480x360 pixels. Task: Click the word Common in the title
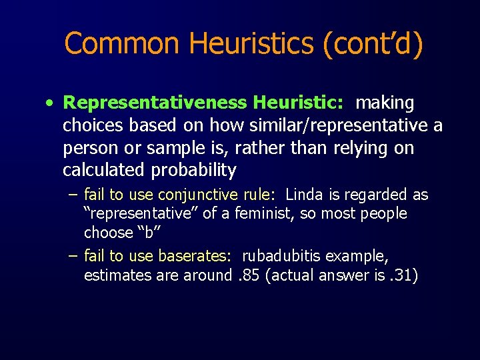pos(123,44)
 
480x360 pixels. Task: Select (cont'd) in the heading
pos(373,44)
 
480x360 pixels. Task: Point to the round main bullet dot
pos(50,104)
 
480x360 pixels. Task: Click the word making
pos(385,103)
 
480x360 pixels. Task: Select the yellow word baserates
pos(196,256)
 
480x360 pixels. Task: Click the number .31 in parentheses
pos(403,275)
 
